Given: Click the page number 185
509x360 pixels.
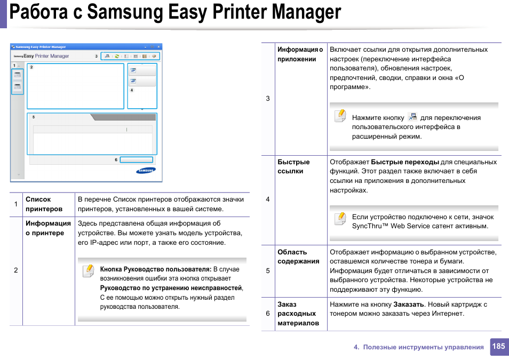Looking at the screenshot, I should (498, 347).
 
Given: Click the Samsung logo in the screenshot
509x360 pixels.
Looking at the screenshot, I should (145, 171).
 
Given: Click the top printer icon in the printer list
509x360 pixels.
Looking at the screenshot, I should (18, 75).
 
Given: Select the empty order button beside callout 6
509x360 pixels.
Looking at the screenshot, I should (136, 159).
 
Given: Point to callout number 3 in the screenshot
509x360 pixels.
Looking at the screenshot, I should (97, 56).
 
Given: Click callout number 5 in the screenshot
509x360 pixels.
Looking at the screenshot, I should (34, 117).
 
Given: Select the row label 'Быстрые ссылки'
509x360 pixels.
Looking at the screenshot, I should (293, 166).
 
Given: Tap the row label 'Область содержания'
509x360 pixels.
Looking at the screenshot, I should (299, 257).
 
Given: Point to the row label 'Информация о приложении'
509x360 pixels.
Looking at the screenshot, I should (300, 54).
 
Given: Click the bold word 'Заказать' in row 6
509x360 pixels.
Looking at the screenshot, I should (409, 305).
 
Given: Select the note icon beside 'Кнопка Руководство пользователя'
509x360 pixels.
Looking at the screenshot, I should (89, 271).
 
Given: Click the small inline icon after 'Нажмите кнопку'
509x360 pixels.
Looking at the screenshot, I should (412, 117).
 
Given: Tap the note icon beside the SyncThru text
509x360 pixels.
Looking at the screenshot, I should (340, 219).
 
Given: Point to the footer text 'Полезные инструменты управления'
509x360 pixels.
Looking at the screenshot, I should (423, 347).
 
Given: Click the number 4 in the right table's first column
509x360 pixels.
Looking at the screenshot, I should (268, 199).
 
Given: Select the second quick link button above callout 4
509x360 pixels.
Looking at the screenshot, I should (142, 81).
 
